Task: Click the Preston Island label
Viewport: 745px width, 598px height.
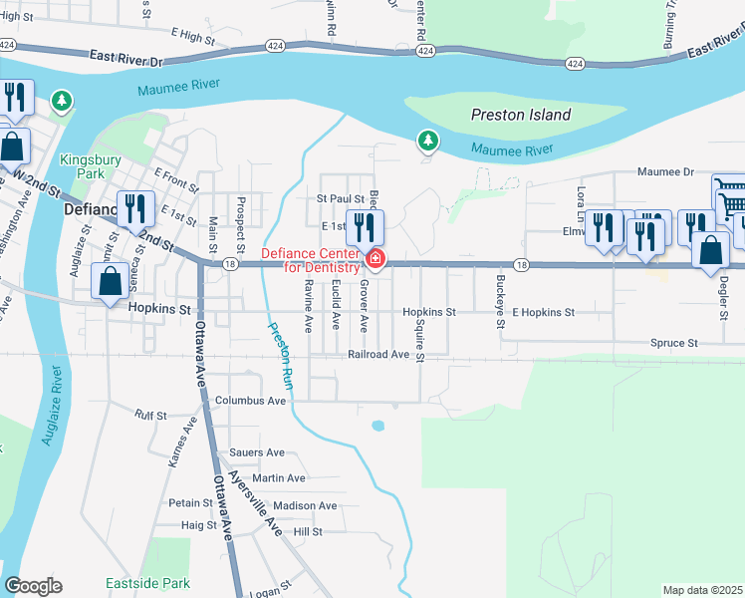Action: tap(521, 115)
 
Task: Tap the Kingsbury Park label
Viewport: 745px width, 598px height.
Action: tap(88, 166)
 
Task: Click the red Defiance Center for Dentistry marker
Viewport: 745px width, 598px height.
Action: tap(374, 260)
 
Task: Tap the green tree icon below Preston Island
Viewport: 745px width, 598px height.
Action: tap(428, 142)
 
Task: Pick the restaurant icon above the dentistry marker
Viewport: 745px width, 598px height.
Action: tap(365, 226)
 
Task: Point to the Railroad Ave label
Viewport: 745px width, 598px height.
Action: tap(378, 355)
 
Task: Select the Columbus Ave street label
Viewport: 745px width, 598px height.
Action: tap(251, 401)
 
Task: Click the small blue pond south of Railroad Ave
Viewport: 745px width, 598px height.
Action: tap(377, 426)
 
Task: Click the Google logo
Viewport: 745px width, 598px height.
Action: tap(33, 586)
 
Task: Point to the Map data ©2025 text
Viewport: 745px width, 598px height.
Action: tap(702, 590)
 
